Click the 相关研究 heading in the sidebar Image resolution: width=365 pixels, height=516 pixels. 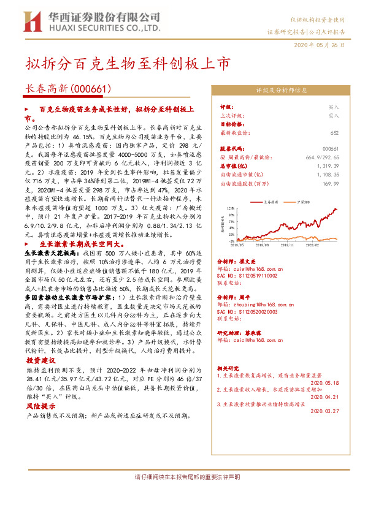click(x=229, y=369)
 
